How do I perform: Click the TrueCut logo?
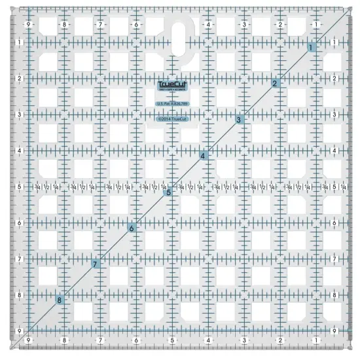171,84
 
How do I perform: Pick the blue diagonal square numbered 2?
276,83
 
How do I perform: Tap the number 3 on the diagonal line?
240,120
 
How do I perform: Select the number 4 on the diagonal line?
204,156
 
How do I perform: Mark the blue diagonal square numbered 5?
168,192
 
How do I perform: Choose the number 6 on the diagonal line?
132,228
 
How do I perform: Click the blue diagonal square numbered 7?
96,264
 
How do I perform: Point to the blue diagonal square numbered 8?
60,300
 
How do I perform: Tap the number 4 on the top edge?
207,25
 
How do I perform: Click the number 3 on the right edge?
335,115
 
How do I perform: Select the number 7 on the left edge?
20,259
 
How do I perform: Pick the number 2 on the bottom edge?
279,340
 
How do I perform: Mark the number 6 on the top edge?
135,25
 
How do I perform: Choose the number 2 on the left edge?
20,79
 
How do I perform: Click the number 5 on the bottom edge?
171,340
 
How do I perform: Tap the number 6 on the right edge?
335,223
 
